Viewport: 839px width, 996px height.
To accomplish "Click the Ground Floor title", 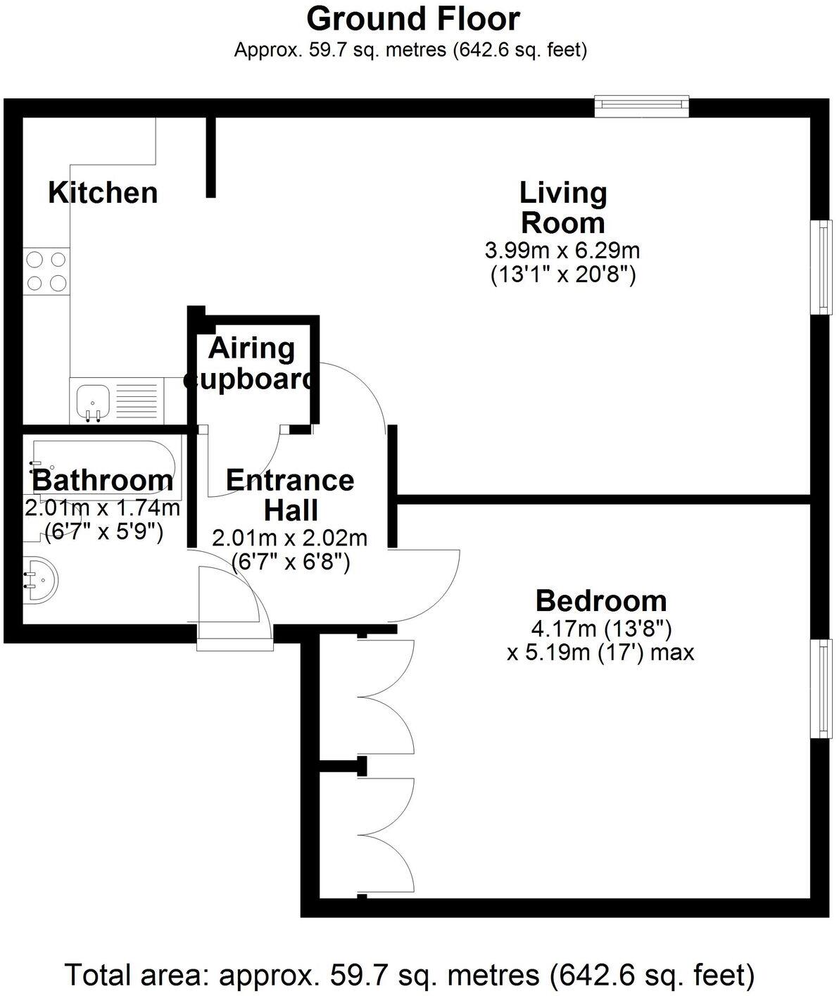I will [x=413, y=19].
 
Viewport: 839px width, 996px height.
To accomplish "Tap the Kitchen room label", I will [x=103, y=193].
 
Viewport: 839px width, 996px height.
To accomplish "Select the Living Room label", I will [x=562, y=208].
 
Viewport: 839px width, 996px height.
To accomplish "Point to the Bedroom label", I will [x=600, y=601].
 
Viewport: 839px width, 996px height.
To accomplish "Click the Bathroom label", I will [x=103, y=481].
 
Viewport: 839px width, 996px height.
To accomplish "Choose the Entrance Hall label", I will [x=289, y=495].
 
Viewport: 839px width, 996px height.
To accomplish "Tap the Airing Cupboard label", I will [x=251, y=364].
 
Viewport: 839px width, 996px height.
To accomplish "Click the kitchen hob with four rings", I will [x=47, y=271].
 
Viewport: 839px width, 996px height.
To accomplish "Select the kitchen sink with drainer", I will [x=116, y=401].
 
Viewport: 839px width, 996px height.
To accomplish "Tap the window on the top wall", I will [x=641, y=106].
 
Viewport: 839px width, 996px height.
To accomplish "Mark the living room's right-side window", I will [x=821, y=267].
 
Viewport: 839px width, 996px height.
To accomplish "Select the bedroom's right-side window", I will [x=821, y=689].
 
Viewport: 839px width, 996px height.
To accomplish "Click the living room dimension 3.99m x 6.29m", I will [x=562, y=250].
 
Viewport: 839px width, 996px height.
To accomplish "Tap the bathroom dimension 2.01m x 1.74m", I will [x=103, y=508].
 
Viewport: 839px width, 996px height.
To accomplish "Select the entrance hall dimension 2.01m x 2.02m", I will [x=289, y=538].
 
